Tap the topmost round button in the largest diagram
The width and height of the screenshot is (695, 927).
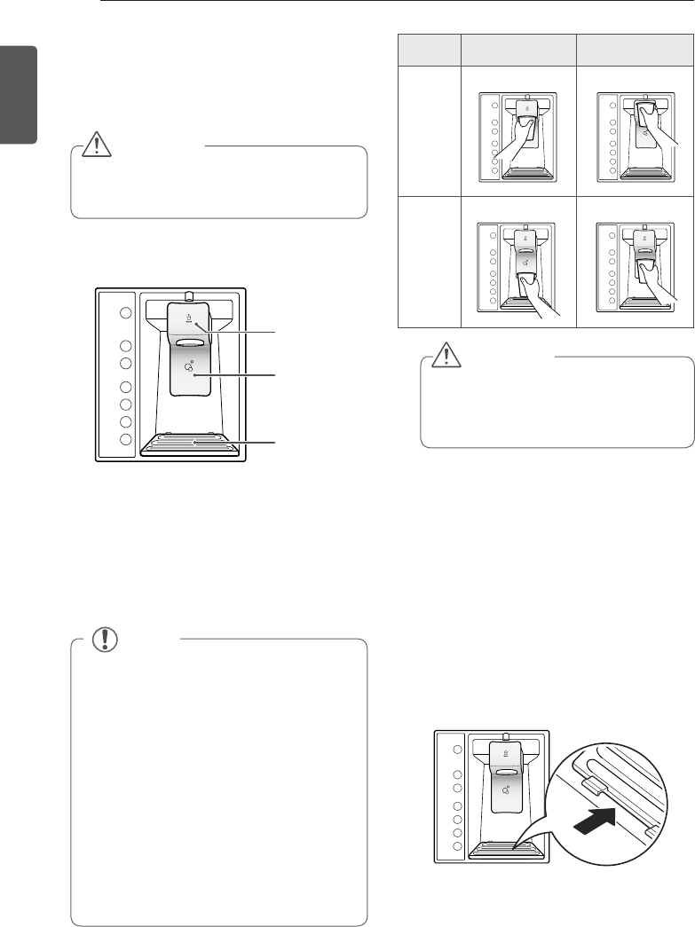(x=126, y=313)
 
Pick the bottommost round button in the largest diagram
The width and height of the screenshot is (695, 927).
(x=126, y=439)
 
